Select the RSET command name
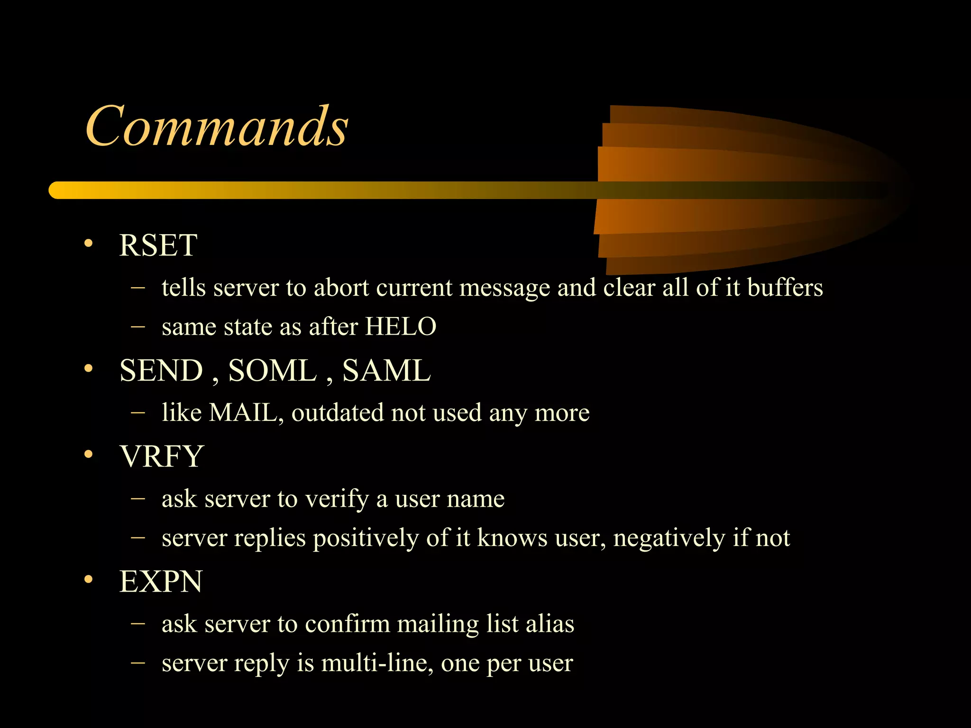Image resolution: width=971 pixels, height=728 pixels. (x=158, y=246)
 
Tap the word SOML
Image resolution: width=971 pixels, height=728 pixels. (x=272, y=371)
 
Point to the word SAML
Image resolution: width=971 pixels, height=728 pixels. (x=386, y=371)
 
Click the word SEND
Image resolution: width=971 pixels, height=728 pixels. (x=161, y=371)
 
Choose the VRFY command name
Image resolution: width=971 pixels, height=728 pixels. (x=162, y=456)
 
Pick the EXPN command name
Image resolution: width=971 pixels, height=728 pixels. (x=161, y=582)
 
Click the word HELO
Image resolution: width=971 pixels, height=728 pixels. (x=401, y=327)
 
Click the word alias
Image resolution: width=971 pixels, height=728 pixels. (x=550, y=624)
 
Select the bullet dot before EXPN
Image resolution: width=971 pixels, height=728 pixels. (x=88, y=580)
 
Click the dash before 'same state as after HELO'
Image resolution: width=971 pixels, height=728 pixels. (x=137, y=326)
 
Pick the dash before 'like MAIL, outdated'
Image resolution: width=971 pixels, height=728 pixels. (x=137, y=412)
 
